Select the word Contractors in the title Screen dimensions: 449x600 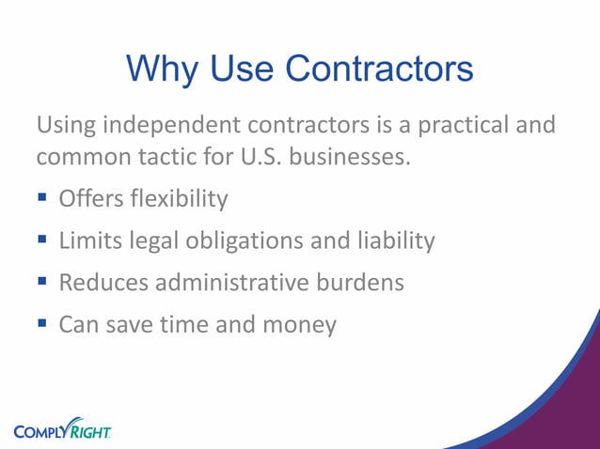(379, 69)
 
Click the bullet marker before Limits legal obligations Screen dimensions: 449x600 (43, 240)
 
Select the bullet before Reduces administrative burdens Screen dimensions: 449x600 (43, 282)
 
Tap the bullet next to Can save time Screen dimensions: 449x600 (43, 324)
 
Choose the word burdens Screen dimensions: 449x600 (362, 283)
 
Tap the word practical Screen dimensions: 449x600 (461, 125)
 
